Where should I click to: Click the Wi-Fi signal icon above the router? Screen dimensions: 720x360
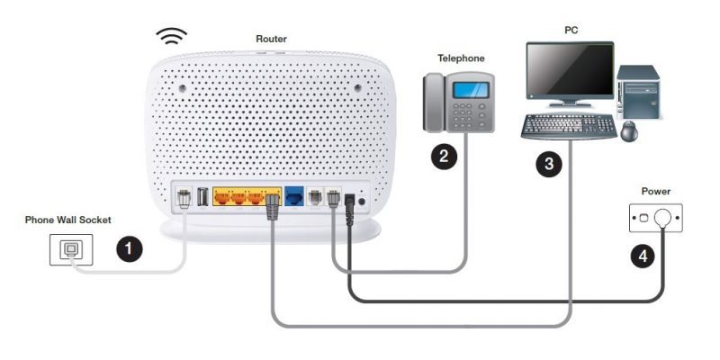[x=171, y=36]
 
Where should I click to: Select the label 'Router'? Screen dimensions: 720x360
[x=272, y=39]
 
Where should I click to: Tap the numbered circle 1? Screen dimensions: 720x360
[x=129, y=249]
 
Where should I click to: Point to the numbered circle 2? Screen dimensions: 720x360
[x=444, y=157]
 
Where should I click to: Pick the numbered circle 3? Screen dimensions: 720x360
[x=549, y=164]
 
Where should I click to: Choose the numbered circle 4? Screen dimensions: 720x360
[x=643, y=256]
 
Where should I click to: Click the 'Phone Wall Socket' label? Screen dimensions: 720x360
[x=68, y=220]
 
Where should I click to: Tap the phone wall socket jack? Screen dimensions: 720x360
[x=71, y=250]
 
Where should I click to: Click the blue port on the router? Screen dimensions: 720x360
[x=294, y=196]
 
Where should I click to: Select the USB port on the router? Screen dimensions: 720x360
[x=202, y=197]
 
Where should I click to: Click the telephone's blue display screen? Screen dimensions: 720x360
[x=470, y=90]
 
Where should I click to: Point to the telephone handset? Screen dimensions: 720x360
[x=433, y=103]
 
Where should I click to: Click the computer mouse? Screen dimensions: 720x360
[x=629, y=131]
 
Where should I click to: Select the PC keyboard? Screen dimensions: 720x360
[x=569, y=126]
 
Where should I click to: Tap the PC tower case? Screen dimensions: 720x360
[x=639, y=93]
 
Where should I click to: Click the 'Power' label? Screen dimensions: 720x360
[x=656, y=191]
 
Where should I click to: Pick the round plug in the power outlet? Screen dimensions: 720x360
[x=662, y=218]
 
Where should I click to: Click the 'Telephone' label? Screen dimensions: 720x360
[x=461, y=58]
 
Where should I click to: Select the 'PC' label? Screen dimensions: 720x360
[x=571, y=31]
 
